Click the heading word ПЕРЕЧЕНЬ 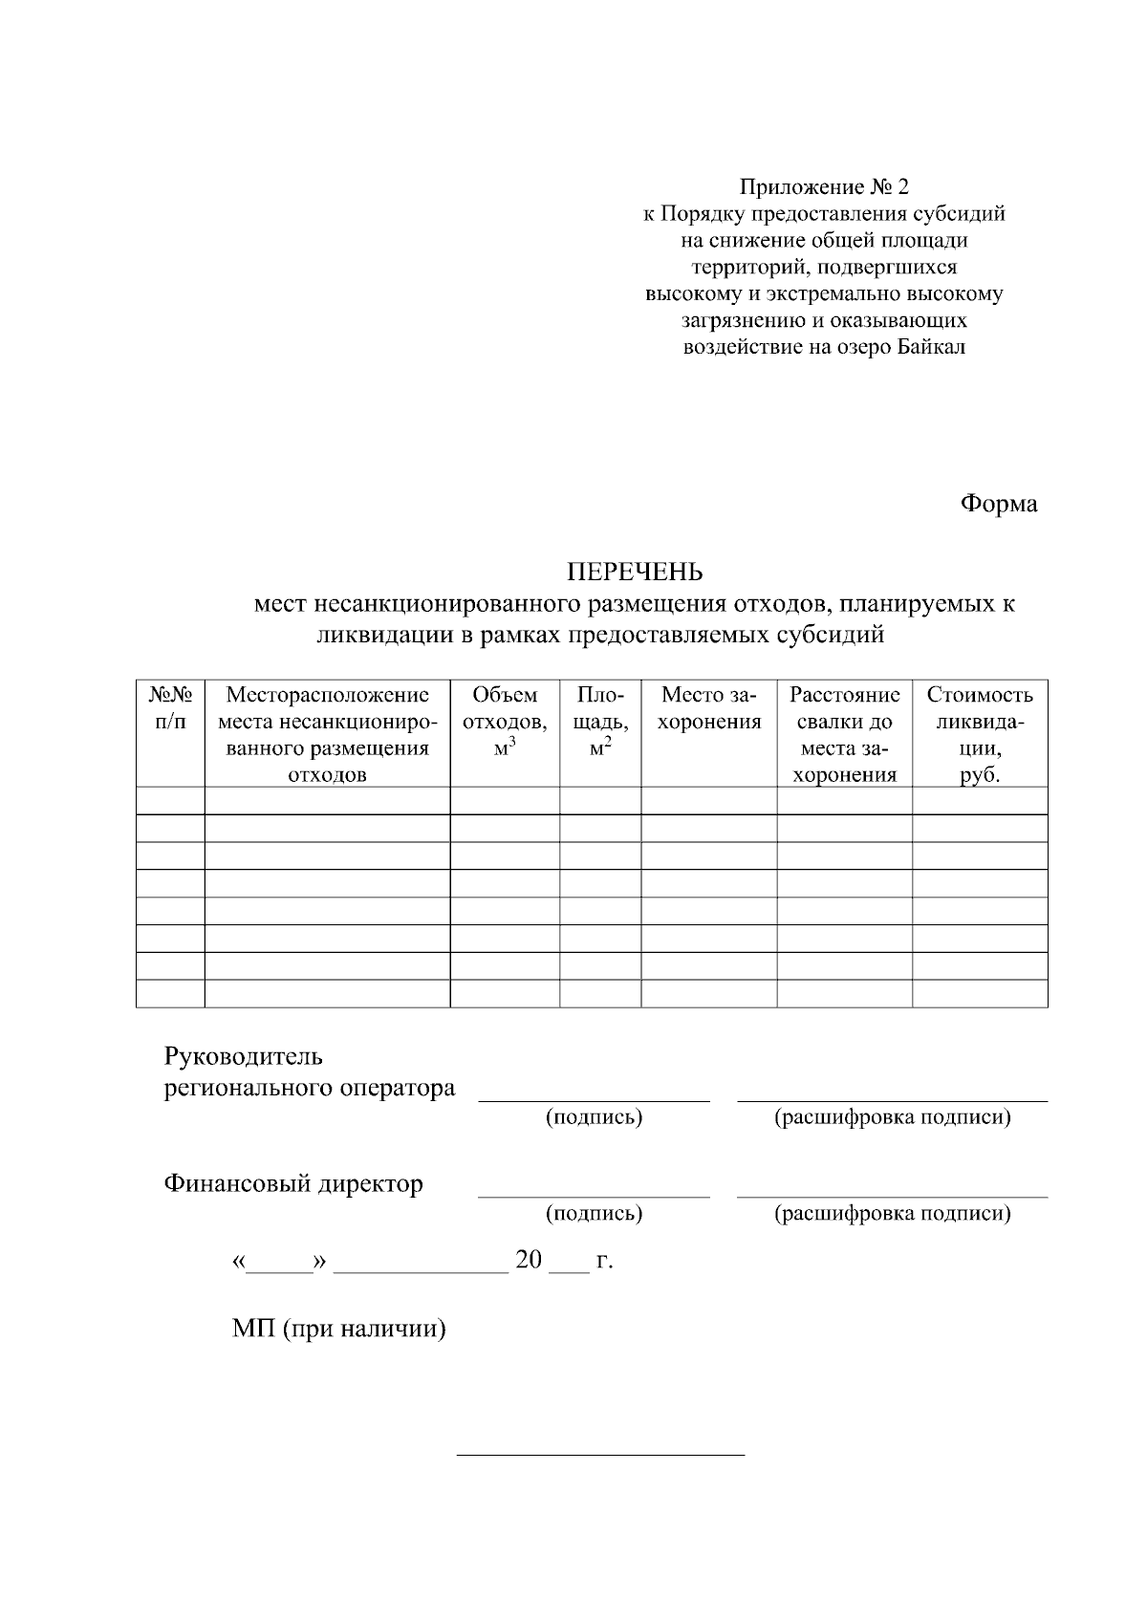tap(635, 572)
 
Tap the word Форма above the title tap(998, 504)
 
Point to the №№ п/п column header tap(170, 707)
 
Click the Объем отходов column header tap(505, 721)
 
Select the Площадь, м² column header tap(600, 721)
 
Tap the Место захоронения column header tap(708, 707)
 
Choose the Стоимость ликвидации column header tap(980, 734)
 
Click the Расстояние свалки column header tap(844, 734)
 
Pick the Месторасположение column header tap(327, 734)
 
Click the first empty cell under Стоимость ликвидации tap(980, 801)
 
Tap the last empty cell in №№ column tap(170, 994)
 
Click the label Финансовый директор tap(293, 1184)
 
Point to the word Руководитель tap(244, 1056)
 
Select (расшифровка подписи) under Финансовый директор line tap(892, 1214)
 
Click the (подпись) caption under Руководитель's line tap(594, 1117)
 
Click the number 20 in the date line tap(529, 1261)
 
